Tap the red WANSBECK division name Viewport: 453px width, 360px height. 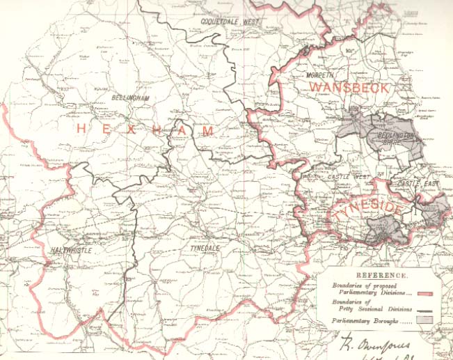[349, 87]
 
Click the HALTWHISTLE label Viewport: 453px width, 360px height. [73, 249]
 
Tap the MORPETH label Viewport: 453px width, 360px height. [321, 75]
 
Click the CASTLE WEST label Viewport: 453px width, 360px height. [349, 178]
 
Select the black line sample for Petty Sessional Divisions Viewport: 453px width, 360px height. [433, 308]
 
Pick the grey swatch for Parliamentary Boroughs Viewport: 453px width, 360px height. [433, 320]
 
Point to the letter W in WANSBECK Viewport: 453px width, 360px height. [317, 87]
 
